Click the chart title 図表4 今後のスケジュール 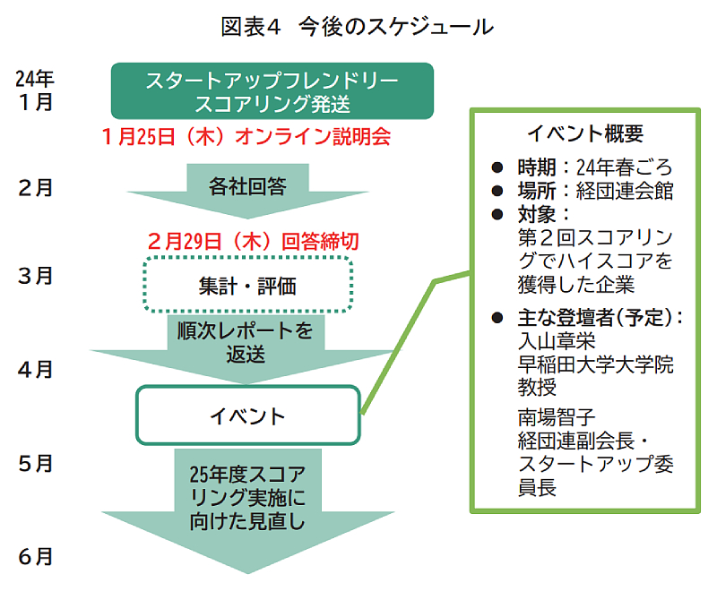[358, 26]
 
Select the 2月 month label [35, 188]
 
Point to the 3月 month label [35, 276]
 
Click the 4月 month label [35, 369]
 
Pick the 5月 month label [35, 464]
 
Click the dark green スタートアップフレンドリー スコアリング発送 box [272, 90]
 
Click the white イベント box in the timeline [247, 415]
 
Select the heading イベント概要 [584, 135]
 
